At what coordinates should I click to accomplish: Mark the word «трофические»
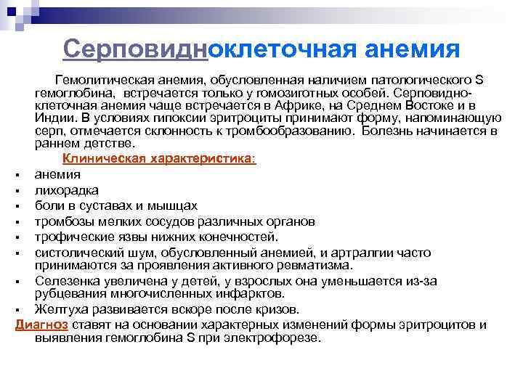point(71,236)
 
